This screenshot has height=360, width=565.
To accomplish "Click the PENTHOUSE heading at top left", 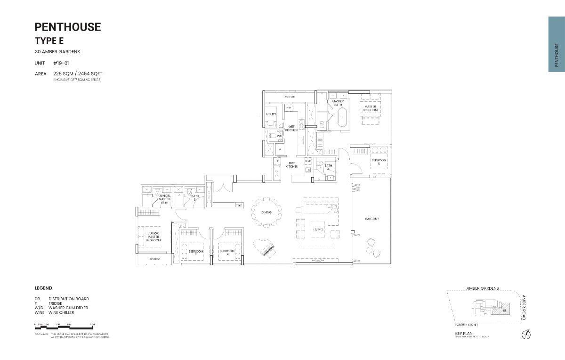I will (68, 27).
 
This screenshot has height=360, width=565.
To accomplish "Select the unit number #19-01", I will (61, 63).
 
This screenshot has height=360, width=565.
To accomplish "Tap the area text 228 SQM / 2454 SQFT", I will (78, 74).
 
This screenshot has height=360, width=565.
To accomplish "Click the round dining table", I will (266, 213).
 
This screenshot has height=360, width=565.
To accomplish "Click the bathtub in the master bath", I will (343, 117).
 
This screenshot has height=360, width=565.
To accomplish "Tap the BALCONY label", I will (371, 219).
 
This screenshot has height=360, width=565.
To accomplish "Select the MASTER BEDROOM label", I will (370, 108).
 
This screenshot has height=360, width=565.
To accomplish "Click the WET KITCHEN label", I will (291, 128).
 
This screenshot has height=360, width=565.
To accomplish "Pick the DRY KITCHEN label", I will (291, 165).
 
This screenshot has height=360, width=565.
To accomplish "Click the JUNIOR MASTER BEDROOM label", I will (153, 237).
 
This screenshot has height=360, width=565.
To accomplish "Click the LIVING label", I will (318, 229).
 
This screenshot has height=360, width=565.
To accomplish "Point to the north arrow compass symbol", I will (526, 335).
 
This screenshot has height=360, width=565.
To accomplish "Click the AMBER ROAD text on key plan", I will (524, 307).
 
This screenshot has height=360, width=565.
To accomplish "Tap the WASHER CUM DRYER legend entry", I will (68, 308).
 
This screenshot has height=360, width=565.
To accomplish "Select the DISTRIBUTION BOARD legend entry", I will (69, 299).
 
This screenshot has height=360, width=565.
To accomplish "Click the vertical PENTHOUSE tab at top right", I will (557, 45).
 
